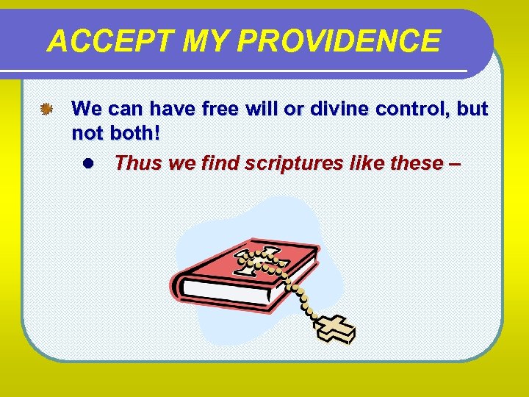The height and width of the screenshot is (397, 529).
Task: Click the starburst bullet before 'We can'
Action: [46, 110]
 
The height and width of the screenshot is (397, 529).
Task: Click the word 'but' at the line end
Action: [472, 110]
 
